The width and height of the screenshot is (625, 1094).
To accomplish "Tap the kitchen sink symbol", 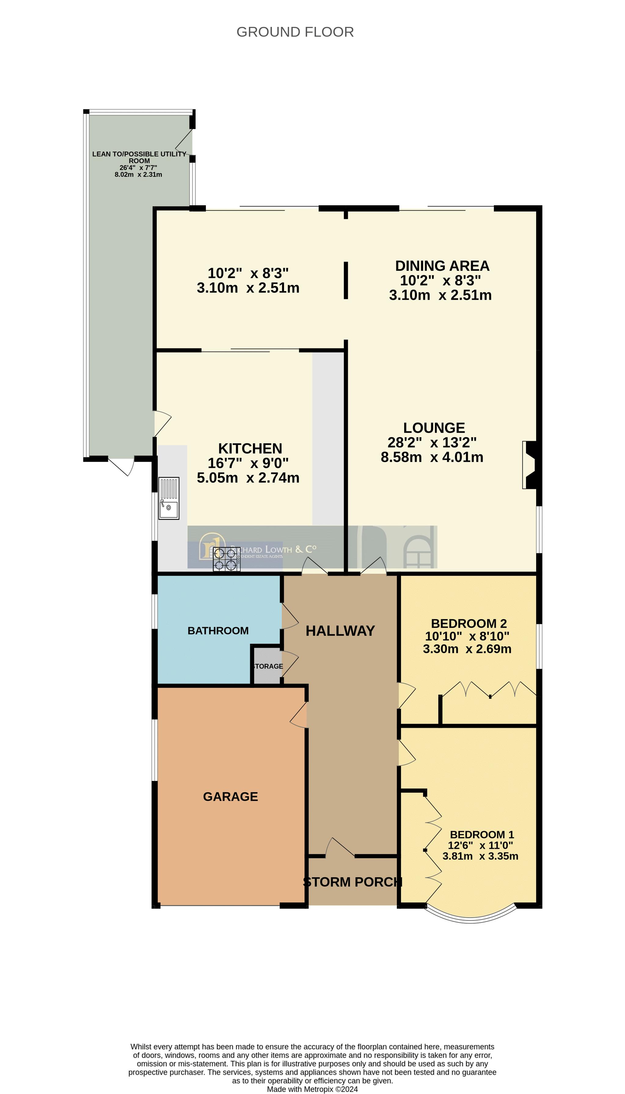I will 169,498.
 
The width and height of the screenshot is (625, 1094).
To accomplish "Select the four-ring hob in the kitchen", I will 227,559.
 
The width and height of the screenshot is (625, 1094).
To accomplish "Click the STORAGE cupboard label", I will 268,666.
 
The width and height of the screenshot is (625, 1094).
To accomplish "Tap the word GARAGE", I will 231,797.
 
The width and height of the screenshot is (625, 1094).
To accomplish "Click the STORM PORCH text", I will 353,882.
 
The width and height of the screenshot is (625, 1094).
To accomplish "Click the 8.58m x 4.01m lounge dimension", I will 432,457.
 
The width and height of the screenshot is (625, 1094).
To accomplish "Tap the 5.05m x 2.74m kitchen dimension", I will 248,478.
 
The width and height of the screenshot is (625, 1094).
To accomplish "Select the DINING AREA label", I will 442,266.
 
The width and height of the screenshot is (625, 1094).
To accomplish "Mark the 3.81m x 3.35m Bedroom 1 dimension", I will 480,856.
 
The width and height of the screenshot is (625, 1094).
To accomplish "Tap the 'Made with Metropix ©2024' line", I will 312,1089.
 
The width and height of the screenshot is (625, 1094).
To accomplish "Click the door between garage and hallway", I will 299,715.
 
